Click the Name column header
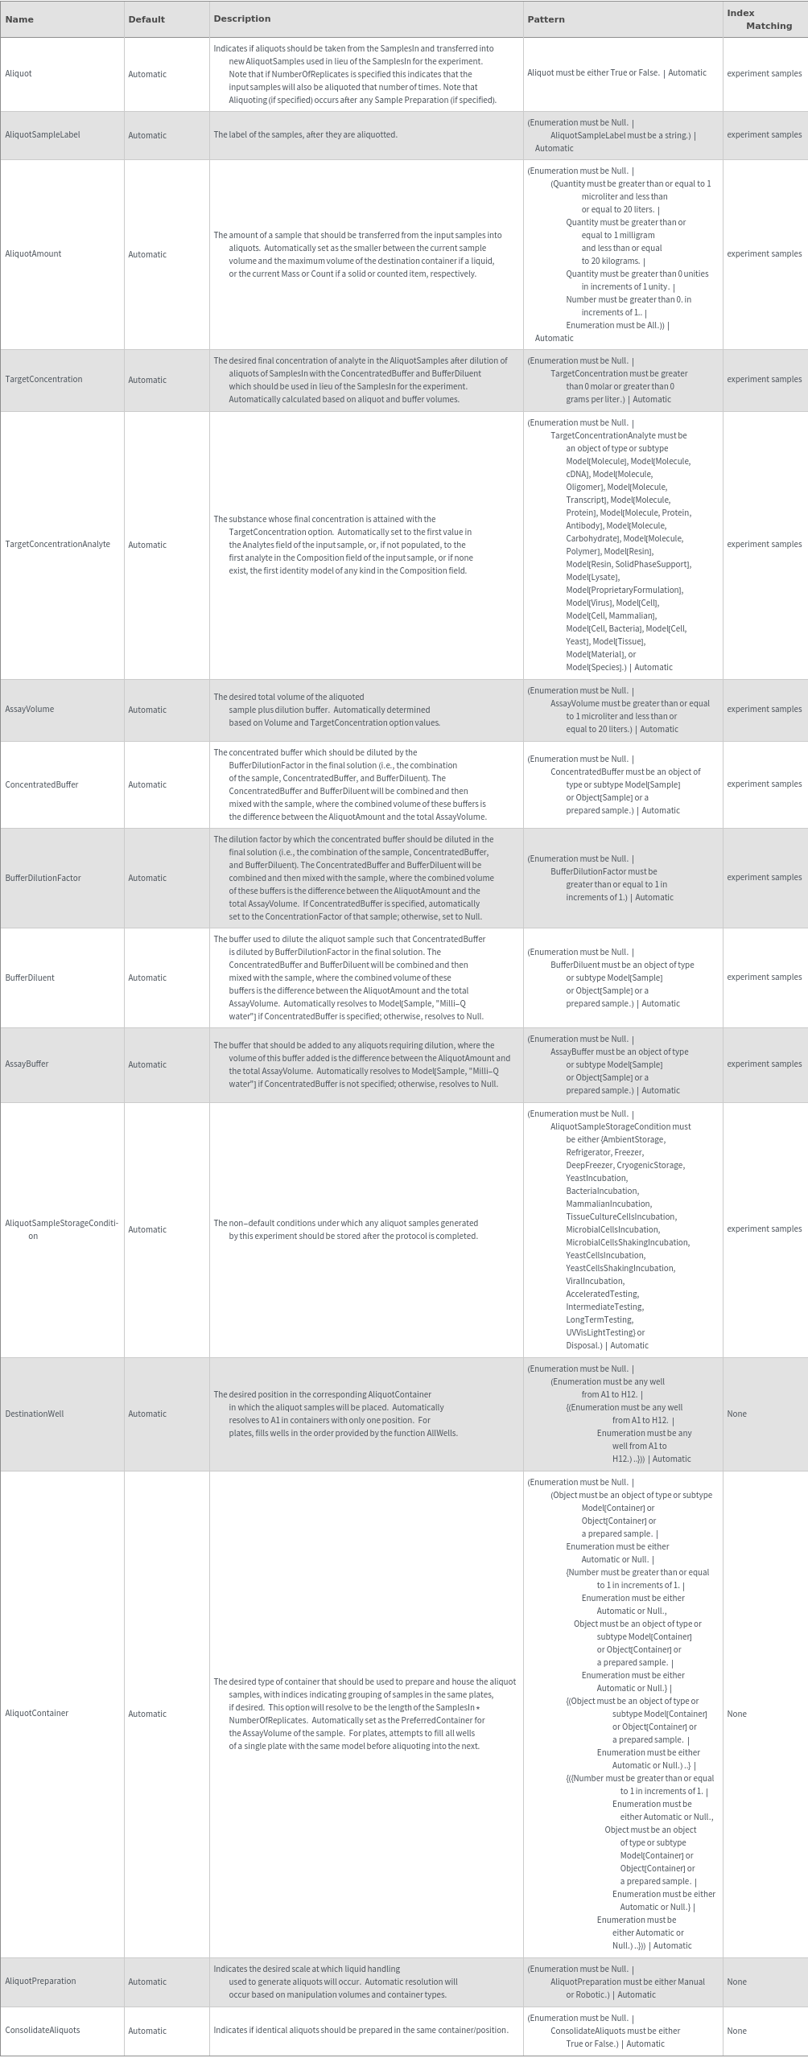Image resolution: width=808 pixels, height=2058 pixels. [19, 19]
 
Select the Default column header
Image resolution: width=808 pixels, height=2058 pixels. [146, 19]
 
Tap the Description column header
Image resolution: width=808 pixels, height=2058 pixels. [241, 19]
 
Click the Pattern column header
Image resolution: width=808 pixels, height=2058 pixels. [546, 19]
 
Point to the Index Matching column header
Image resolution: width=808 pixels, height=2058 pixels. [759, 19]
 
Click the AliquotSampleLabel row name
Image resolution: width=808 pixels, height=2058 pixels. [43, 135]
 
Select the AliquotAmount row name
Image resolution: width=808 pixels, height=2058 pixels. [33, 254]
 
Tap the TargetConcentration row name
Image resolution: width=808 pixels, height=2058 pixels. [43, 380]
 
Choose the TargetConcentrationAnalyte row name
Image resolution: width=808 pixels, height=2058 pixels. [58, 545]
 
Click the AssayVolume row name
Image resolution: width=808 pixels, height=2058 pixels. [30, 710]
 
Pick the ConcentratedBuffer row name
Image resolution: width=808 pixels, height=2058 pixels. [42, 784]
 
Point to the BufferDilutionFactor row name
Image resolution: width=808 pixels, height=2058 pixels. [43, 878]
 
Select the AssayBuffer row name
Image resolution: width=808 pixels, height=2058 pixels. [27, 1064]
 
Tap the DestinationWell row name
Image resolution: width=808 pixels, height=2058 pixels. [35, 1414]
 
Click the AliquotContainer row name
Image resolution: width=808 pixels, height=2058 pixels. [37, 1714]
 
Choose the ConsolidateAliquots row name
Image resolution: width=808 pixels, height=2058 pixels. [43, 2030]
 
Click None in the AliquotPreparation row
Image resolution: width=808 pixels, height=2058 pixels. [736, 1981]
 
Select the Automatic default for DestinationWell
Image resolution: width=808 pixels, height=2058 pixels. [147, 1414]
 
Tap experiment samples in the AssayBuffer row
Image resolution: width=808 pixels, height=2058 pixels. [764, 1064]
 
